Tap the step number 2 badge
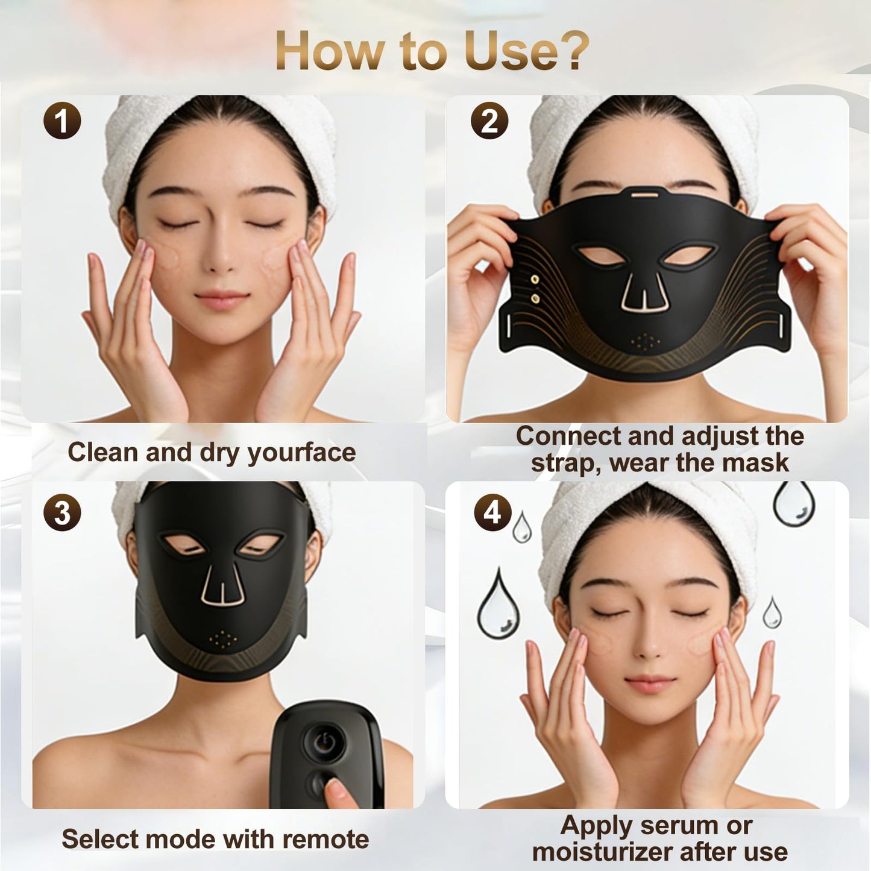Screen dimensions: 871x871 coord(489,121)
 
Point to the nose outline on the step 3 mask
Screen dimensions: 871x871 coord(222,587)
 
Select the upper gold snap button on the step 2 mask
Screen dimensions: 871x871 coord(535,279)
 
